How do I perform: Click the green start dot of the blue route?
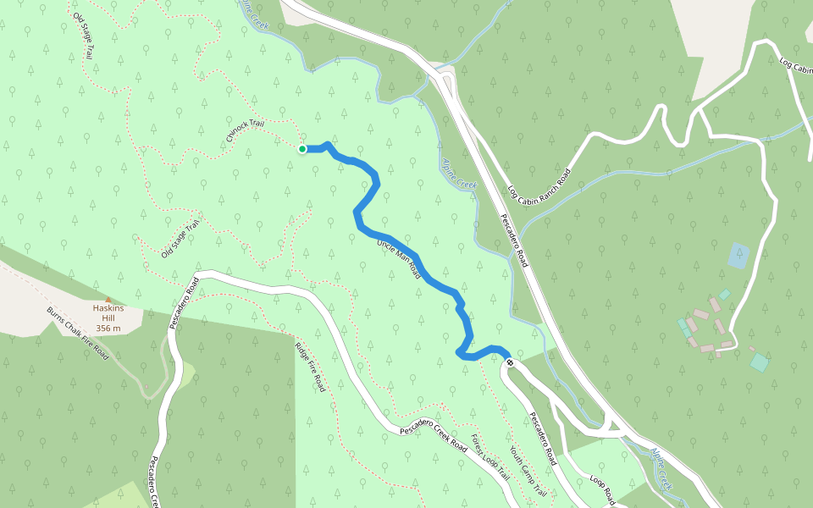pyautogui.click(x=302, y=149)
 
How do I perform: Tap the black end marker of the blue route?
pyautogui.click(x=510, y=363)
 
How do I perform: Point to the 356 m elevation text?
pyautogui.click(x=108, y=328)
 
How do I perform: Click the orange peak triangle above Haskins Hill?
pyautogui.click(x=108, y=300)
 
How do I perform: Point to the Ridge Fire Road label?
pyautogui.click(x=310, y=367)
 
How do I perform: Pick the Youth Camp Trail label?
pyautogui.click(x=528, y=472)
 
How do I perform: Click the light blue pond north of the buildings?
pyautogui.click(x=738, y=255)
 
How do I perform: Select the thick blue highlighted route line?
pyautogui.click(x=398, y=241)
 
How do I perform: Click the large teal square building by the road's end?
pyautogui.click(x=760, y=362)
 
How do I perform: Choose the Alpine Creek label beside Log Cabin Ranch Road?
pyautogui.click(x=460, y=173)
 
